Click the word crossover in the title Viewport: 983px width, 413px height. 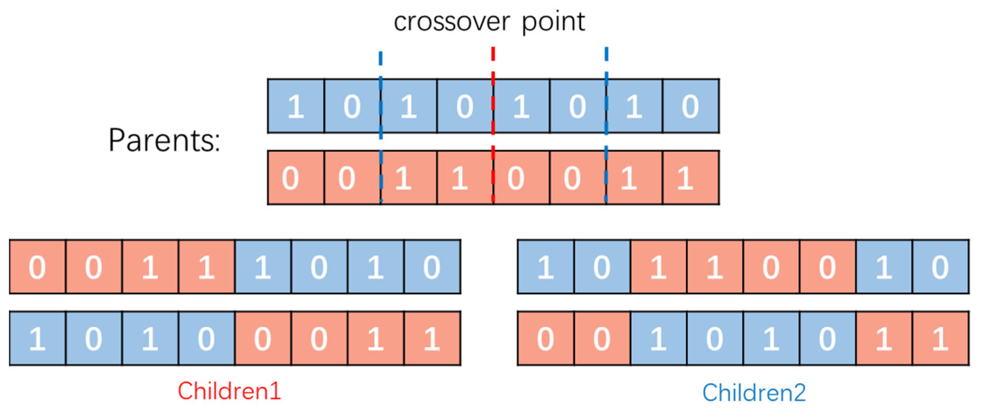pyautogui.click(x=451, y=22)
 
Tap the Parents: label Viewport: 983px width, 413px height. pyautogui.click(x=164, y=140)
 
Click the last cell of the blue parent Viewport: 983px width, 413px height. pyautogui.click(x=691, y=106)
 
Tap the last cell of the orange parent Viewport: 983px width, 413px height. pyautogui.click(x=691, y=178)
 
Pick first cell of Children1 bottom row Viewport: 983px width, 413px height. pyautogui.click(x=37, y=338)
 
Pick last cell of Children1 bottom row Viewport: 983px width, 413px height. pyautogui.click(x=432, y=338)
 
